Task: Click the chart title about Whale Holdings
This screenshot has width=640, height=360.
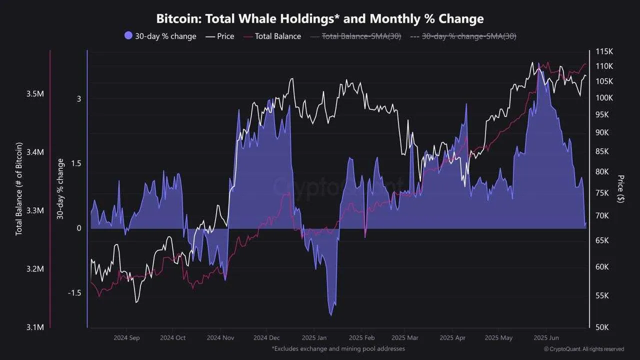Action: [320, 19]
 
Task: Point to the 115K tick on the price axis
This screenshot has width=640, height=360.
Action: [604, 52]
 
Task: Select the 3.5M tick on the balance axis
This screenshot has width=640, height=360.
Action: [35, 94]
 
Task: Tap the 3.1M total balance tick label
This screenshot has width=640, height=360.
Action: [35, 327]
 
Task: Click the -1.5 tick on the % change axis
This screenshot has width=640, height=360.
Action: [74, 293]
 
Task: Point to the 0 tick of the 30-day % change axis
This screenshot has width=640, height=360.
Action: [78, 228]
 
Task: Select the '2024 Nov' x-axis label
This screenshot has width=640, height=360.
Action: [220, 338]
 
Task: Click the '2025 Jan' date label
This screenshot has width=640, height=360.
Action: [315, 338]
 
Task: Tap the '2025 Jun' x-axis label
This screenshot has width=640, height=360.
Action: [546, 338]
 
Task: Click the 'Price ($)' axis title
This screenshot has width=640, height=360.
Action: [620, 188]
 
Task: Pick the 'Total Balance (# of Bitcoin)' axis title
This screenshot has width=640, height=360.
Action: [19, 189]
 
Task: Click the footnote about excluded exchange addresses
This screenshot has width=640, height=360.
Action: [338, 348]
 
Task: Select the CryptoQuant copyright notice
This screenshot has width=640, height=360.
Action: [583, 349]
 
